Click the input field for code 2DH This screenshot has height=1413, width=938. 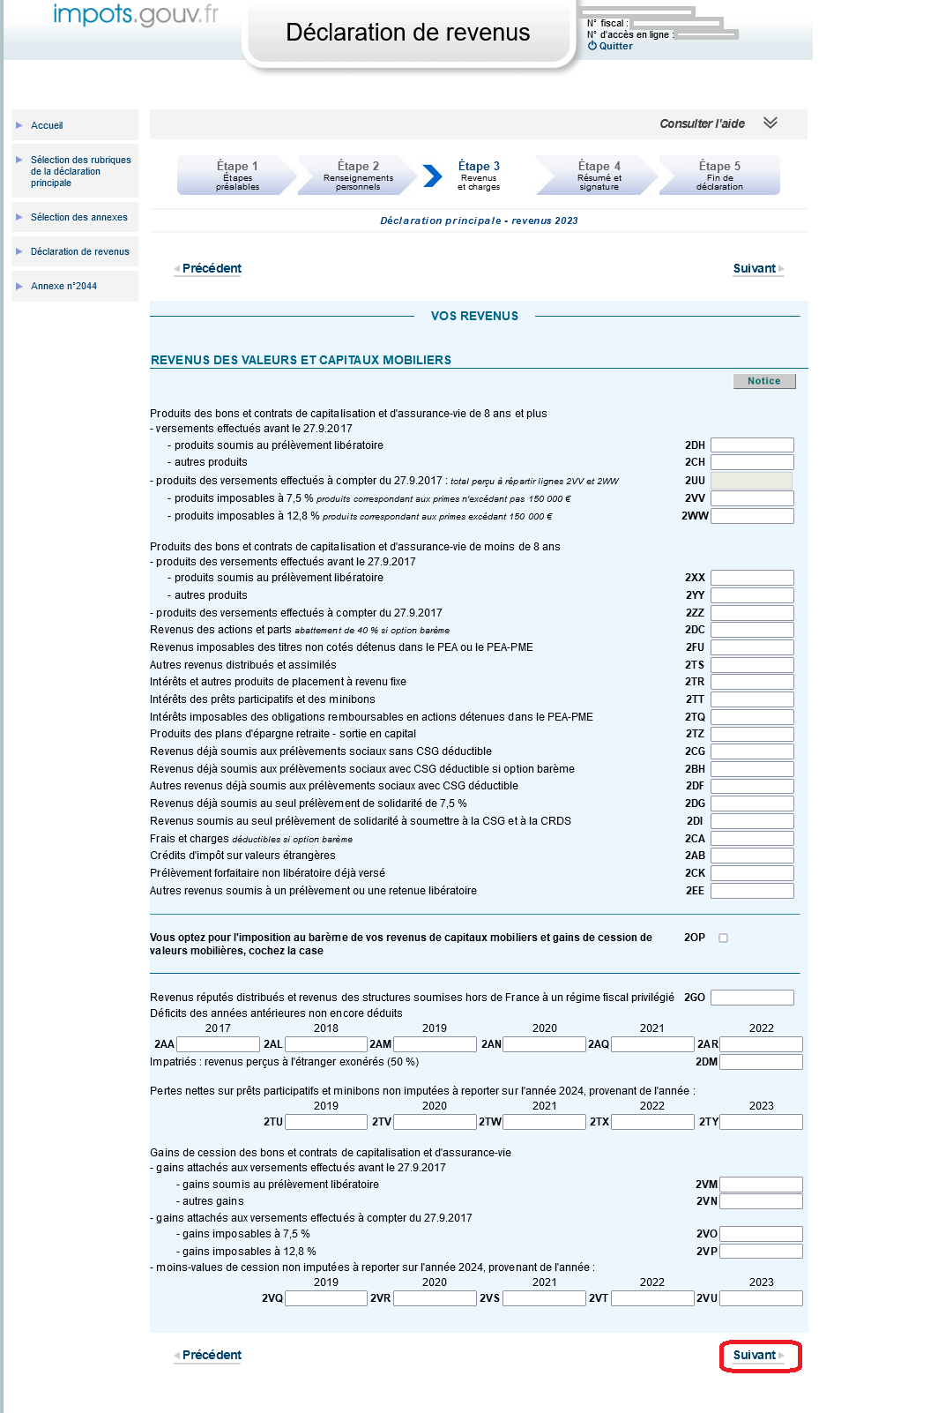[x=752, y=445]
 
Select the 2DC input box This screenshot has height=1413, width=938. [x=752, y=630]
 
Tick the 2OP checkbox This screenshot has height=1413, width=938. [x=724, y=938]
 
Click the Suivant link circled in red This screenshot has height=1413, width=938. [x=757, y=1356]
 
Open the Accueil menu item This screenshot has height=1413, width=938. [x=47, y=125]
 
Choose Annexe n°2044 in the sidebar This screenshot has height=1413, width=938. [x=63, y=286]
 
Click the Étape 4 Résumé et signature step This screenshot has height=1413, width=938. [x=599, y=175]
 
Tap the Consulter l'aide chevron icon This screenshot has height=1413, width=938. [x=770, y=123]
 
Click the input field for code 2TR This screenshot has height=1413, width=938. [x=752, y=682]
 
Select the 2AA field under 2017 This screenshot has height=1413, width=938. [x=219, y=1044]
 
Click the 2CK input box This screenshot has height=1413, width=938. [x=752, y=873]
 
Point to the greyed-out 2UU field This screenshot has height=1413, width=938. [x=751, y=481]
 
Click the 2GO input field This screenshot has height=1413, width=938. [x=752, y=998]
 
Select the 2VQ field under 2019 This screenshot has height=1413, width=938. [x=326, y=1298]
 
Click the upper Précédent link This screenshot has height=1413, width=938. [x=211, y=268]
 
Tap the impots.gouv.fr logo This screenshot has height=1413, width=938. [x=135, y=15]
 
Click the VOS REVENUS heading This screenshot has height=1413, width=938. [x=474, y=316]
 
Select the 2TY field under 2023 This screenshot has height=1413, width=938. [x=762, y=1122]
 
